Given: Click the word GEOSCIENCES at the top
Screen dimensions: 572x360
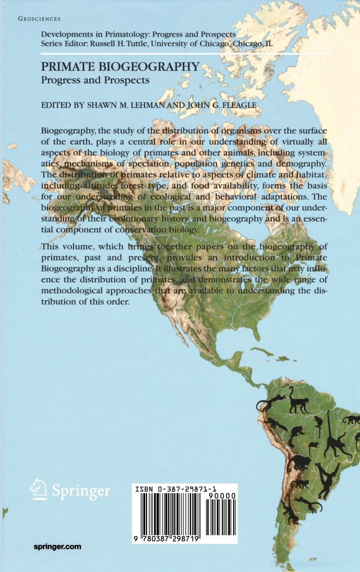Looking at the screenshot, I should [x=40, y=19].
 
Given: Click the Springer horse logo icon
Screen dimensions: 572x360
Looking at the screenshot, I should [x=38, y=490].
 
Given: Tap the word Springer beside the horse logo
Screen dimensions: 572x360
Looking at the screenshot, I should [x=81, y=491].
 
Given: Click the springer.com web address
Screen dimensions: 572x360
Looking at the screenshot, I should [x=57, y=547].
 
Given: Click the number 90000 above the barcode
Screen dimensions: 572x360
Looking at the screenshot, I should [x=221, y=496].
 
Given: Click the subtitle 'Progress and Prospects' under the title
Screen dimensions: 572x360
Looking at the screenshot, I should [x=95, y=80].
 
